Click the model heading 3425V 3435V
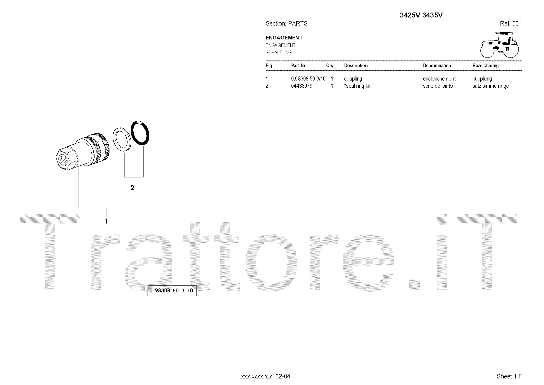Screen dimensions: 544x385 point(421,15)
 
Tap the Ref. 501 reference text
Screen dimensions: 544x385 point(511,23)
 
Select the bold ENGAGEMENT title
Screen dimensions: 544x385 point(284,38)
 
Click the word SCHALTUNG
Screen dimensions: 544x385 point(278,53)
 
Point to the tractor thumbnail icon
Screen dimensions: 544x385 point(499,45)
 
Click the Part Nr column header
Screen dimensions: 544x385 point(298,66)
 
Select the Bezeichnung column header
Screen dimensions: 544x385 point(486,66)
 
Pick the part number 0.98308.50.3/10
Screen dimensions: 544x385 point(308,79)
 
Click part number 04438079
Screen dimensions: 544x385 point(302,86)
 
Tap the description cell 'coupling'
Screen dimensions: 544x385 point(353,79)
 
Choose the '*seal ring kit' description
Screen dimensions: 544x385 point(357,86)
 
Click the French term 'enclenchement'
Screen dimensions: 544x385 point(439,79)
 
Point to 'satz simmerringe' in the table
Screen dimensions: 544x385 point(490,86)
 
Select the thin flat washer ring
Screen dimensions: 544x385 point(121,140)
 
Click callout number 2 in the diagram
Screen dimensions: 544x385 point(132,188)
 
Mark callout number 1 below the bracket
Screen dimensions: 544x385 point(106,221)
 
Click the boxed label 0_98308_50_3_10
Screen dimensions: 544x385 point(172,291)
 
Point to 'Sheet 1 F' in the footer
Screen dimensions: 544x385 point(509,376)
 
